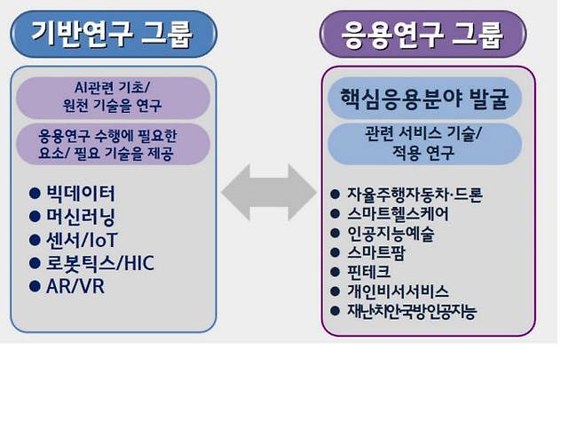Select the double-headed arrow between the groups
click(268, 192)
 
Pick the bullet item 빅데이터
click(81, 193)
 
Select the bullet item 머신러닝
click(81, 216)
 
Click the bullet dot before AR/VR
click(35, 287)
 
